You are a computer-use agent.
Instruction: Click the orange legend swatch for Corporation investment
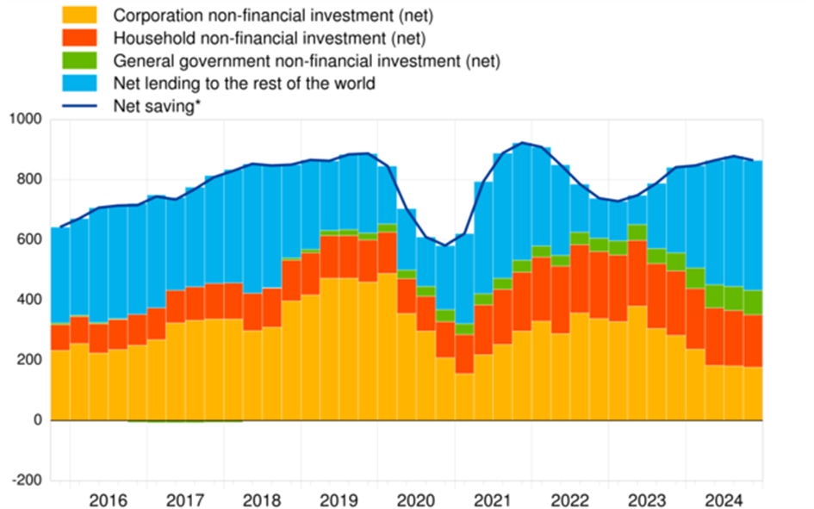pyautogui.click(x=80, y=15)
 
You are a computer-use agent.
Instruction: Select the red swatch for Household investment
pyautogui.click(x=80, y=37)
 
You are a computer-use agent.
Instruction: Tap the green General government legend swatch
pyautogui.click(x=80, y=60)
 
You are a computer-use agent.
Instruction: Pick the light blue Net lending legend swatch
pyautogui.click(x=80, y=84)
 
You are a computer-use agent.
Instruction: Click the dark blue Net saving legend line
pyautogui.click(x=80, y=107)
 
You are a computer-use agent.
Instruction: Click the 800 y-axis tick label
pyautogui.click(x=28, y=180)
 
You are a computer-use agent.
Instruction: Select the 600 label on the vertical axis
pyautogui.click(x=28, y=240)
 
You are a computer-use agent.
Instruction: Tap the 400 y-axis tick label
pyautogui.click(x=28, y=301)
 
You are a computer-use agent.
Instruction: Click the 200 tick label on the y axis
pyautogui.click(x=28, y=360)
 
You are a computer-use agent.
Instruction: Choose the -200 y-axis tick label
pyautogui.click(x=27, y=481)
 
